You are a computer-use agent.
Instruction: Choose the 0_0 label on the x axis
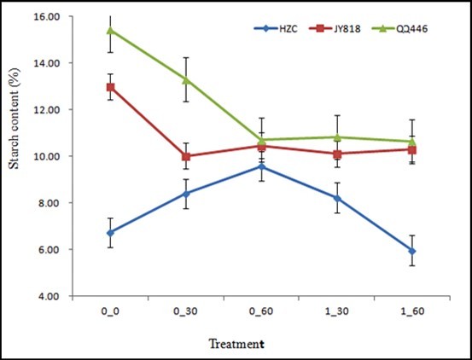(110, 313)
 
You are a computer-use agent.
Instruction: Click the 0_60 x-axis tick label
(261, 313)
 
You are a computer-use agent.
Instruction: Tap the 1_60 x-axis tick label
(412, 313)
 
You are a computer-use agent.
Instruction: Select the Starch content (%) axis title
(14, 157)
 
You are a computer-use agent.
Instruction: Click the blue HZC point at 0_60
(261, 166)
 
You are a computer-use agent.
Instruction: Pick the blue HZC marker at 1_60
(412, 251)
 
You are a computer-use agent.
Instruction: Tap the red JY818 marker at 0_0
(110, 87)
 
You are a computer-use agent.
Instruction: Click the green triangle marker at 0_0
(110, 30)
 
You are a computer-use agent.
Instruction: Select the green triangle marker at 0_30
(186, 79)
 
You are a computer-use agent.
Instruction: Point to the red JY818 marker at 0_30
(186, 156)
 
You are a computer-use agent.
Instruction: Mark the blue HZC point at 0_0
(110, 233)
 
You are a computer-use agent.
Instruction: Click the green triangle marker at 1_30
(337, 136)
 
